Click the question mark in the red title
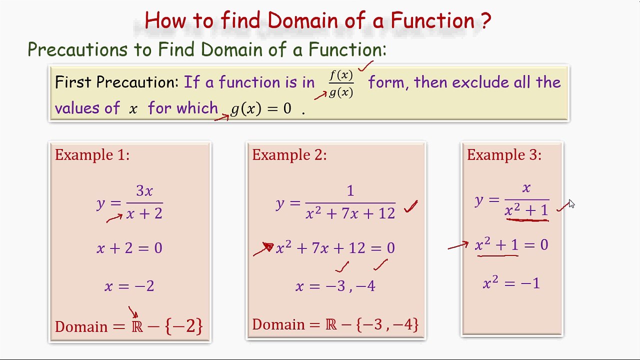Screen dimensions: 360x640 485,21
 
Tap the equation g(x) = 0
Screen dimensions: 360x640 260,108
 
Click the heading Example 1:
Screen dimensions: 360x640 92,155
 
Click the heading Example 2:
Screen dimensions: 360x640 289,155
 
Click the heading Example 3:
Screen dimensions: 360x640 504,155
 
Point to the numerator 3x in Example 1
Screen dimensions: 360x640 144,191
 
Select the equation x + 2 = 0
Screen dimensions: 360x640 129,248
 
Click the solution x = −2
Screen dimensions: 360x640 129,286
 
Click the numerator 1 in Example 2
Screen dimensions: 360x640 350,191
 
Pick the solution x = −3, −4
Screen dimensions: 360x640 335,286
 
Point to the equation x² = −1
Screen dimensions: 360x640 511,283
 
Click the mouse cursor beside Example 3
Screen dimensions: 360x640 571,203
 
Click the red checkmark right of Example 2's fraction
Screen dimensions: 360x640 411,207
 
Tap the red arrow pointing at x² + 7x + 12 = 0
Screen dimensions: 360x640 263,248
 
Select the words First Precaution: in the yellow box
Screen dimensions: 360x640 116,82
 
